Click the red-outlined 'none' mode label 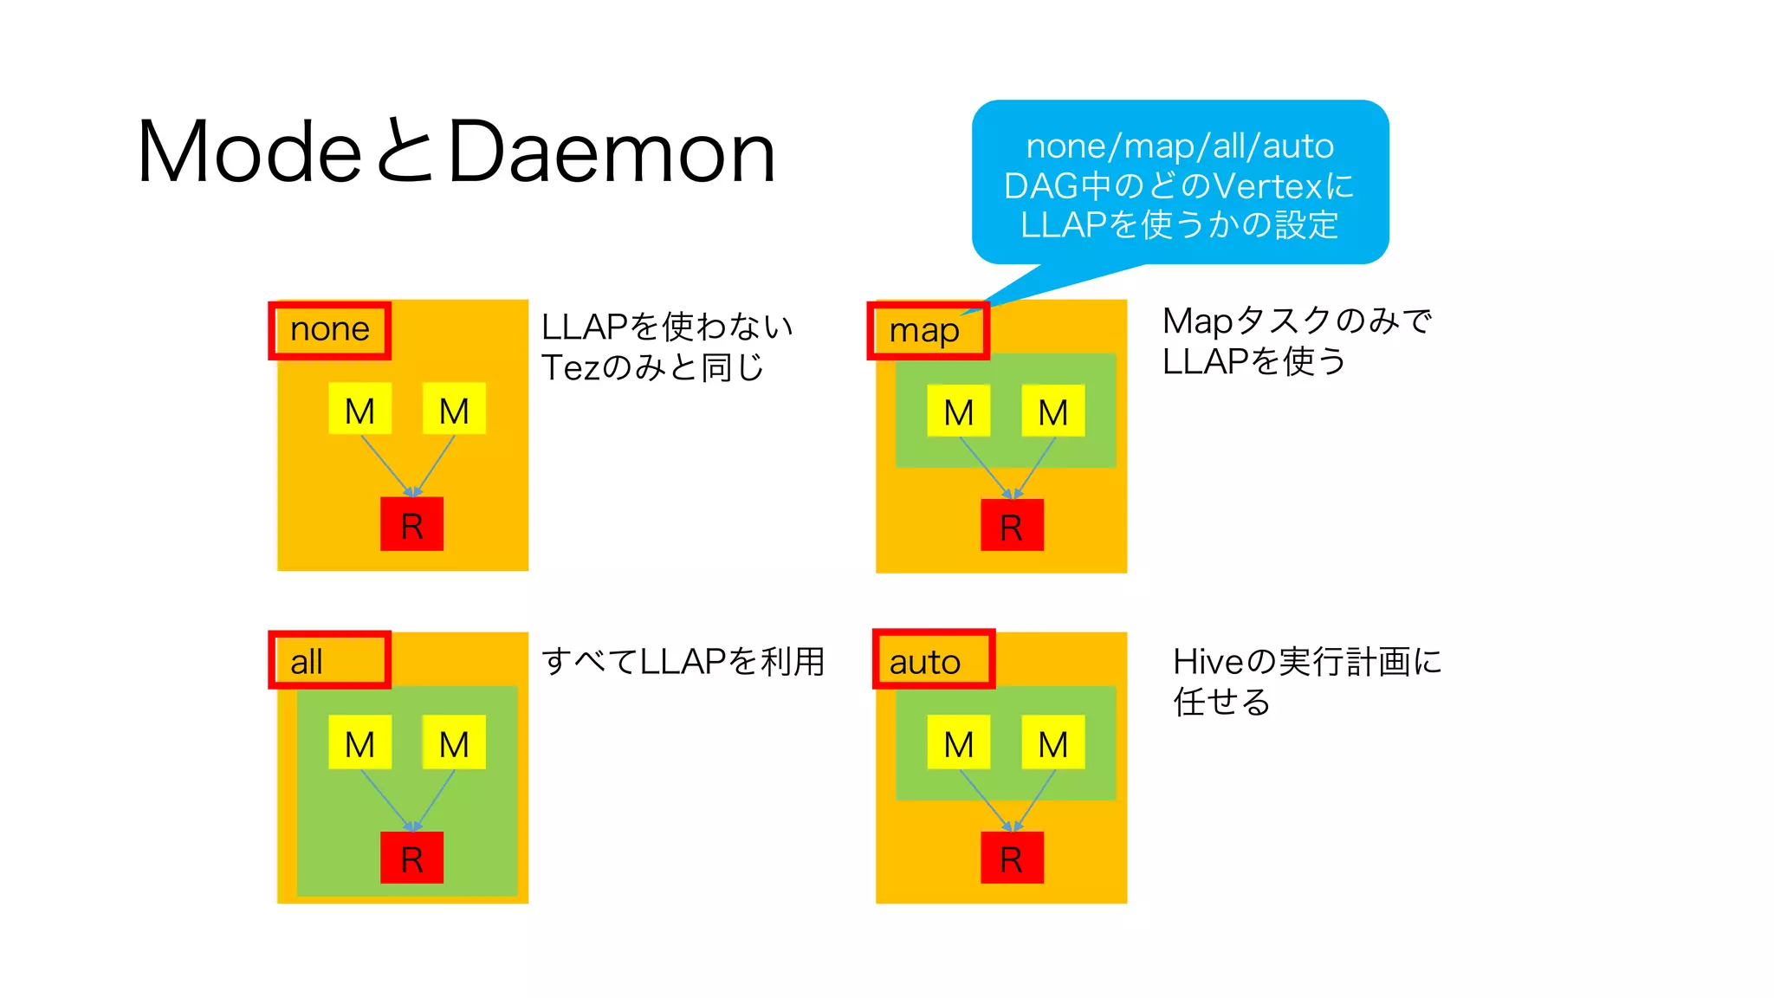point(329,330)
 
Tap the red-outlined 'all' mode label point(329,660)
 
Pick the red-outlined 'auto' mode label point(933,660)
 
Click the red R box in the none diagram point(412,524)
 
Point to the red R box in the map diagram point(1012,525)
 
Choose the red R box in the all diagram point(412,858)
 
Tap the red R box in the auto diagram point(1012,858)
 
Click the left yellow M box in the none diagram point(360,409)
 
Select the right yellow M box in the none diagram point(454,409)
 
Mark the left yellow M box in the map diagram point(959,411)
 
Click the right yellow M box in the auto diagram point(1053,742)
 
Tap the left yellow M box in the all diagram point(360,742)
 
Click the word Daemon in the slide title point(612,152)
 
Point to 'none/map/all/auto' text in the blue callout point(1180,146)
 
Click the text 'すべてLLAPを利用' point(683,662)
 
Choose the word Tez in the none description point(569,368)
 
